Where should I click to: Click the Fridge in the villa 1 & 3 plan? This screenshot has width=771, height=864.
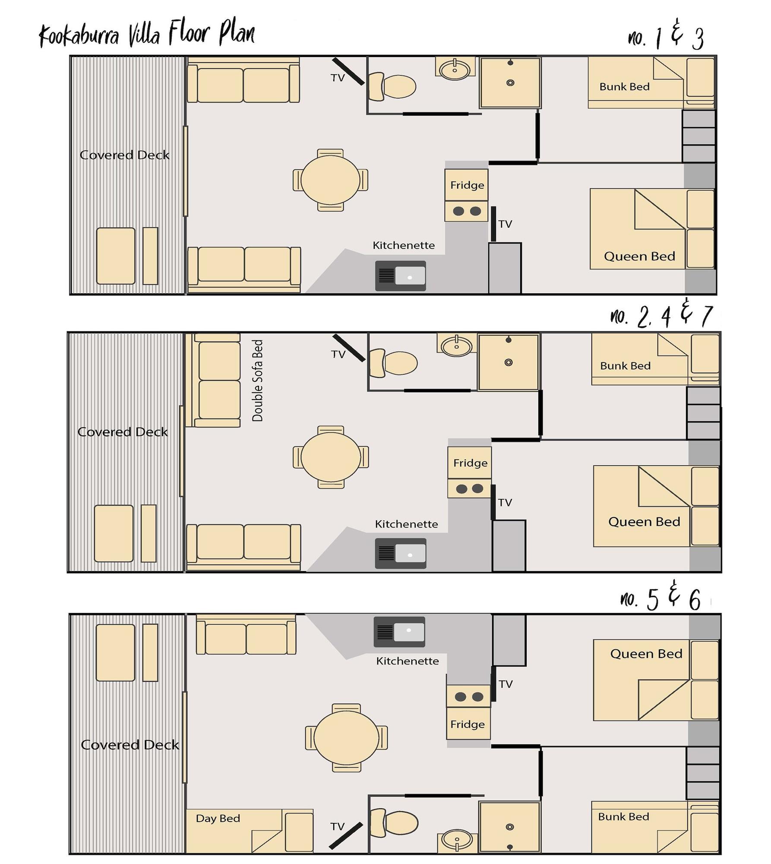point(467,185)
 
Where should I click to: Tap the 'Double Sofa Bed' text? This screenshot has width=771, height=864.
point(257,380)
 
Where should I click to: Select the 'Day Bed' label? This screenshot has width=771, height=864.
point(218,818)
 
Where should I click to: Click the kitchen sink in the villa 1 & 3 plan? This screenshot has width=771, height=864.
point(401,276)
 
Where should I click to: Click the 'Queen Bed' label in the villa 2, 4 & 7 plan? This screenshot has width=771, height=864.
point(644,522)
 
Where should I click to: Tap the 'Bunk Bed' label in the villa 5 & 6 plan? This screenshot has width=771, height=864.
point(623,816)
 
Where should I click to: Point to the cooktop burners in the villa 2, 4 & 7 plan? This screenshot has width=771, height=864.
point(469,489)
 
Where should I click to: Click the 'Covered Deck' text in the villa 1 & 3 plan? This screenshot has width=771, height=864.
point(124,155)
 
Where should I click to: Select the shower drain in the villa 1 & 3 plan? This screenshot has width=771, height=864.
point(510,83)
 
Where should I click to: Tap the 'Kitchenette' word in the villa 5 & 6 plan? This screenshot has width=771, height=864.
point(407,661)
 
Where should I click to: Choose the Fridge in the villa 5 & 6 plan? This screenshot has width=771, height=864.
point(468,724)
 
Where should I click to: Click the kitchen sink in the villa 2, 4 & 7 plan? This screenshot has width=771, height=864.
point(401,553)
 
